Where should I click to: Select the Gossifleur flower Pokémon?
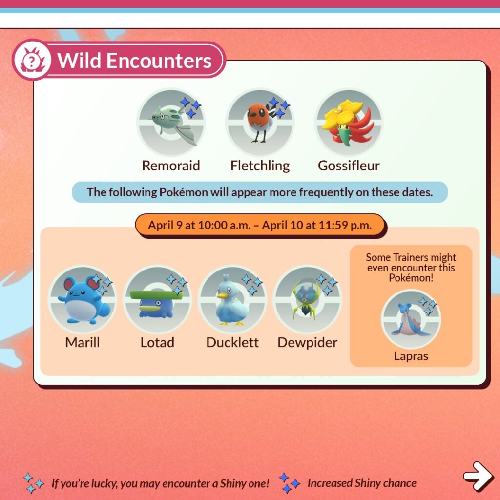[348, 122]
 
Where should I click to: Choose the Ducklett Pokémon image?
[231, 300]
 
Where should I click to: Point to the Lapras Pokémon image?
[410, 319]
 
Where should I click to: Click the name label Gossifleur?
[349, 166]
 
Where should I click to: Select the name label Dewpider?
[307, 343]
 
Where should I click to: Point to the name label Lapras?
[411, 356]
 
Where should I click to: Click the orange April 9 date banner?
[260, 226]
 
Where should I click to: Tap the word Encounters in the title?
[158, 61]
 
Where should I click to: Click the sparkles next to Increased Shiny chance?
[289, 483]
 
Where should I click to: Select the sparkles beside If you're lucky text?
[34, 483]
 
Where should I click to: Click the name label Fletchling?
[260, 166]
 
